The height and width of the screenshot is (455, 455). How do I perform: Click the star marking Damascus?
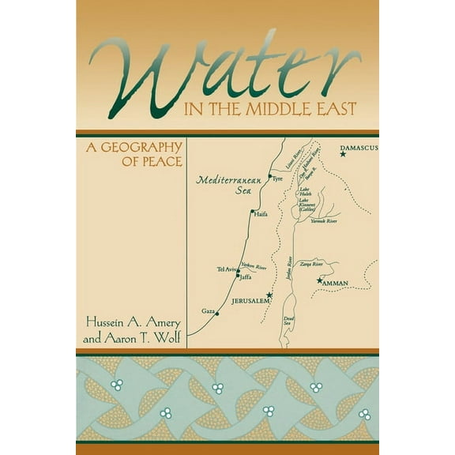tap(342, 155)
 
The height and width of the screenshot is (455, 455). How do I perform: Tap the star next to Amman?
tap(319, 281)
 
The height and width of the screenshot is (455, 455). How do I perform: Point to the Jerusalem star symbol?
tap(269, 295)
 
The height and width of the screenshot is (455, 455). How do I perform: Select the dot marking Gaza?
tap(217, 314)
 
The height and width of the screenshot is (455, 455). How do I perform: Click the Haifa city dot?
tap(251, 212)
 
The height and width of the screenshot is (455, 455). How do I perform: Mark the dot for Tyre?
tap(269, 177)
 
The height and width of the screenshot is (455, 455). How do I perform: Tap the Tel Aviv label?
tap(227, 270)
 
